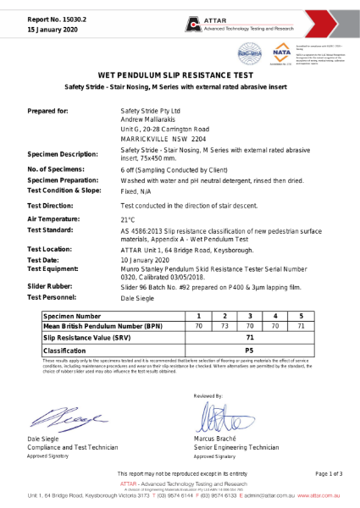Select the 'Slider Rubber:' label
pyautogui.click(x=53, y=288)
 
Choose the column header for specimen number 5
pyautogui.click(x=301, y=314)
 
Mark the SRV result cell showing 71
pyautogui.click(x=249, y=336)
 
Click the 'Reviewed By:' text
pyautogui.click(x=208, y=395)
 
